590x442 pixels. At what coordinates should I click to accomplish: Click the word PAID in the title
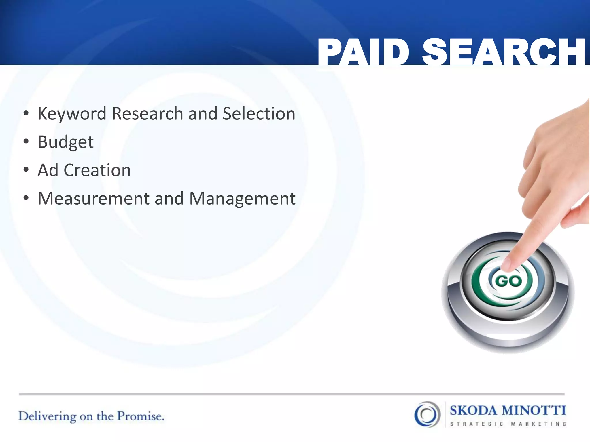coord(364,52)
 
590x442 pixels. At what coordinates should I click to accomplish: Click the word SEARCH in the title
coord(504,52)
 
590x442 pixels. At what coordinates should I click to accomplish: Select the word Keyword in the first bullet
coord(72,114)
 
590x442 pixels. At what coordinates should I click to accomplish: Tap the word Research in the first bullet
coord(148,114)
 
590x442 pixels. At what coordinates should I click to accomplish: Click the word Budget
coord(66,142)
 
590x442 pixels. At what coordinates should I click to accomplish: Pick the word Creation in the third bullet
coord(97,170)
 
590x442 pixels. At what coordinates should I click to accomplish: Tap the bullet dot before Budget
coord(26,142)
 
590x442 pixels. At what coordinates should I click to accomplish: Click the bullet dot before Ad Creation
coord(26,170)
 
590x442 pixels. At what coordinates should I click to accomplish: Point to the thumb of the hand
coord(575,216)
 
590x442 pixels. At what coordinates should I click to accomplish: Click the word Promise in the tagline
coord(140,416)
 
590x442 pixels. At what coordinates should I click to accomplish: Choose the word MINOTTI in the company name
coord(534,410)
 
